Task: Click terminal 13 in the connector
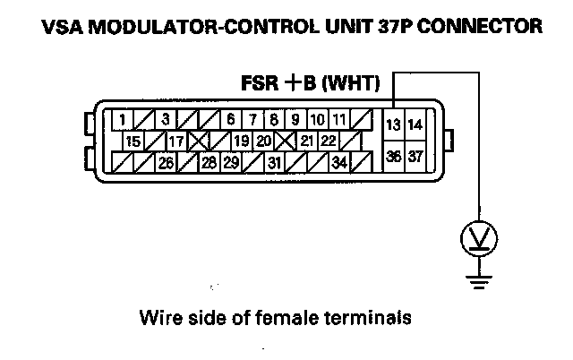pos(392,125)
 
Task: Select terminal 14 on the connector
pos(415,125)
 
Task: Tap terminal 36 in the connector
pos(392,156)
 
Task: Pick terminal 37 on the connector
pos(415,156)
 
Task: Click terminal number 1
pos(121,119)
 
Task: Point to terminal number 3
pos(166,119)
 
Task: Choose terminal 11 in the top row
pos(338,119)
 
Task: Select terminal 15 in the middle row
pos(133,141)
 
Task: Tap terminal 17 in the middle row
pos(175,141)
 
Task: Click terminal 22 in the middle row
pos(328,141)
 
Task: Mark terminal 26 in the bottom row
pos(166,163)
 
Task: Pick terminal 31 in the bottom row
pos(274,163)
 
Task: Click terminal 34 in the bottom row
pos(339,163)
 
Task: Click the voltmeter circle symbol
pos(482,237)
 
